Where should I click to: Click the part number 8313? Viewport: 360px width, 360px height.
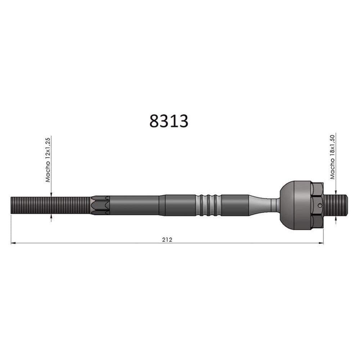tap(169, 121)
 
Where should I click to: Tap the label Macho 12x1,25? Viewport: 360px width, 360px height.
tap(48, 159)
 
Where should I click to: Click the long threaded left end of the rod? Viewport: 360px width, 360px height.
tap(50, 205)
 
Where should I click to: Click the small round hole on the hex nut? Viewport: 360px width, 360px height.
tap(320, 206)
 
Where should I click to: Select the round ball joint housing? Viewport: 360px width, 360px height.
tap(295, 205)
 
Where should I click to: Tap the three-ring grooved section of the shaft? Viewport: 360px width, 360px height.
tap(209, 205)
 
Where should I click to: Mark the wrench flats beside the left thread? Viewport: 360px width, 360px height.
tap(100, 205)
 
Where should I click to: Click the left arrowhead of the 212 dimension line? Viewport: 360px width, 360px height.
tap(13, 243)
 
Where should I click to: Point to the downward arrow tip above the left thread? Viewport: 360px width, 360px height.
tap(51, 195)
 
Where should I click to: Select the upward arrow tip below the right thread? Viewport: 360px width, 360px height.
tap(336, 217)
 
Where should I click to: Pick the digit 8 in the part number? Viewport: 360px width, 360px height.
tap(154, 121)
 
